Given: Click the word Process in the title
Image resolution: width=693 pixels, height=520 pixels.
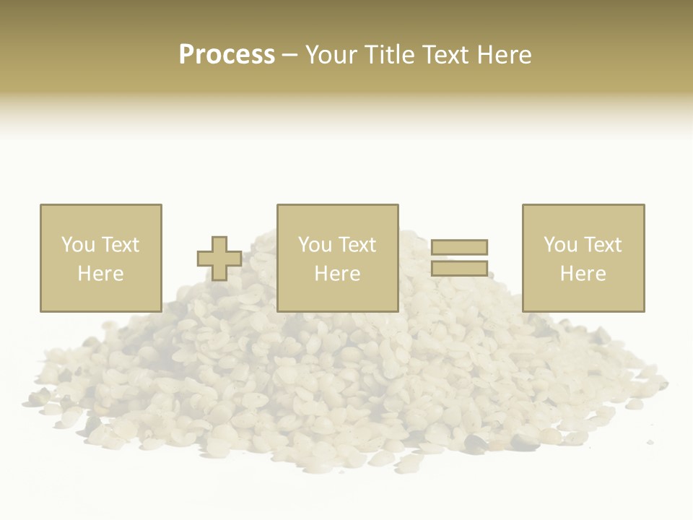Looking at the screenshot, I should pyautogui.click(x=227, y=54).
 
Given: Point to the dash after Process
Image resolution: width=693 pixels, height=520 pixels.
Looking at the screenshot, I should pyautogui.click(x=289, y=55).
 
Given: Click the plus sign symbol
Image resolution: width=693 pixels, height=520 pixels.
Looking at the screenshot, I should pyautogui.click(x=219, y=259).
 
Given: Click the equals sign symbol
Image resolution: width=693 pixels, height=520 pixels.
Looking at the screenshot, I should pyautogui.click(x=460, y=258).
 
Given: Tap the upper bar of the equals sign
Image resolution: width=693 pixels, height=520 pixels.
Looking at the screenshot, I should pyautogui.click(x=460, y=247).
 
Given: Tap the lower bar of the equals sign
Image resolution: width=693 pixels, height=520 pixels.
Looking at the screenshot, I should pyautogui.click(x=460, y=268).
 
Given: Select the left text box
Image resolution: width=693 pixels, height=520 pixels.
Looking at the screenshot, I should pyautogui.click(x=100, y=258).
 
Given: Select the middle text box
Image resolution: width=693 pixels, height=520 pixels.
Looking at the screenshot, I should pyautogui.click(x=337, y=258).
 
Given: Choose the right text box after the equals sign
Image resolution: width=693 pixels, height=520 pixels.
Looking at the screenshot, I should pyautogui.click(x=583, y=258).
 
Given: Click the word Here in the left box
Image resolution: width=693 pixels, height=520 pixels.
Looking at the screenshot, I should pyautogui.click(x=100, y=274).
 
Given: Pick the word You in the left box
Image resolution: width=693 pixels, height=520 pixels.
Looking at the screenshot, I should pyautogui.click(x=79, y=245).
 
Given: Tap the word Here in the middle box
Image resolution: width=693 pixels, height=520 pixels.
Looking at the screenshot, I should pyautogui.click(x=337, y=274).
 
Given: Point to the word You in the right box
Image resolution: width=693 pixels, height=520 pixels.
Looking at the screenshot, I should pyautogui.click(x=561, y=245).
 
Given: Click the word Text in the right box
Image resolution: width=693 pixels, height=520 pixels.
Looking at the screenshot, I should pyautogui.click(x=603, y=245).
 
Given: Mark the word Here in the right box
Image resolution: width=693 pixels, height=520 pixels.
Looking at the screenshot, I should pyautogui.click(x=583, y=274).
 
